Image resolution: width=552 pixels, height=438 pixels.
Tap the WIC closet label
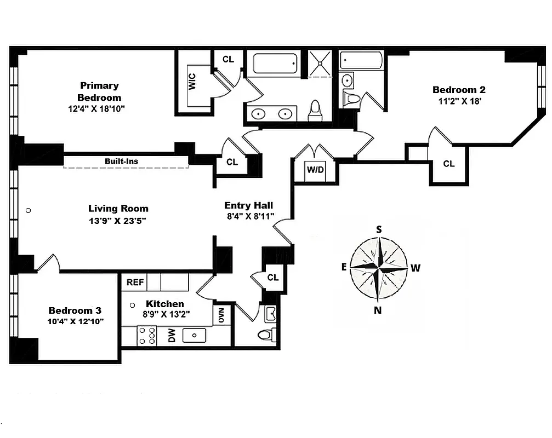[192, 82]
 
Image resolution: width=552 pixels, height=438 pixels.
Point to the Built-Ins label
[121, 161]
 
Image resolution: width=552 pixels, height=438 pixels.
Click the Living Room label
[118, 209]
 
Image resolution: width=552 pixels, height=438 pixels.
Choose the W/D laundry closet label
[315, 170]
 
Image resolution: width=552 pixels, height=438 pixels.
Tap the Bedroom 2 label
[458, 90]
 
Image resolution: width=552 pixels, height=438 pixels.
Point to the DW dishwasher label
[171, 336]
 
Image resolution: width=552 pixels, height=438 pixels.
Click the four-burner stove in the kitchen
[146, 335]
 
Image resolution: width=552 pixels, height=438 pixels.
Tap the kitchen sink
[194, 335]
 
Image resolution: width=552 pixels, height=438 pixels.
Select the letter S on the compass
[378, 229]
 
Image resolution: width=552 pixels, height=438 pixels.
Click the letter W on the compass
[416, 268]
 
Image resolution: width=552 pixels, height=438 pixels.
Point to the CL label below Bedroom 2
[448, 164]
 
